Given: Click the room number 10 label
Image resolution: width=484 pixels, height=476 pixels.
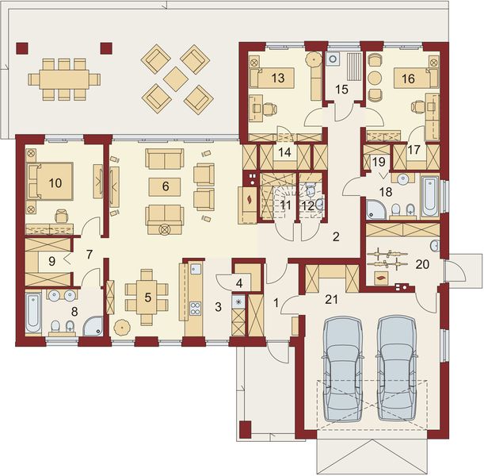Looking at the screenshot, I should click(x=54, y=182).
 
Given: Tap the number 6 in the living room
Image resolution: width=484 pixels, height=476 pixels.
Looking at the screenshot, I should click(x=166, y=186).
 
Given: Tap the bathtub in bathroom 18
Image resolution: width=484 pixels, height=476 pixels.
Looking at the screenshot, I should click(x=429, y=194).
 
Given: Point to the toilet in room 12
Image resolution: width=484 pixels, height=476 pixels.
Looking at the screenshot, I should click(x=312, y=191).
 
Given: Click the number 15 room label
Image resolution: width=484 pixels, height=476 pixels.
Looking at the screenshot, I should click(x=341, y=89).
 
